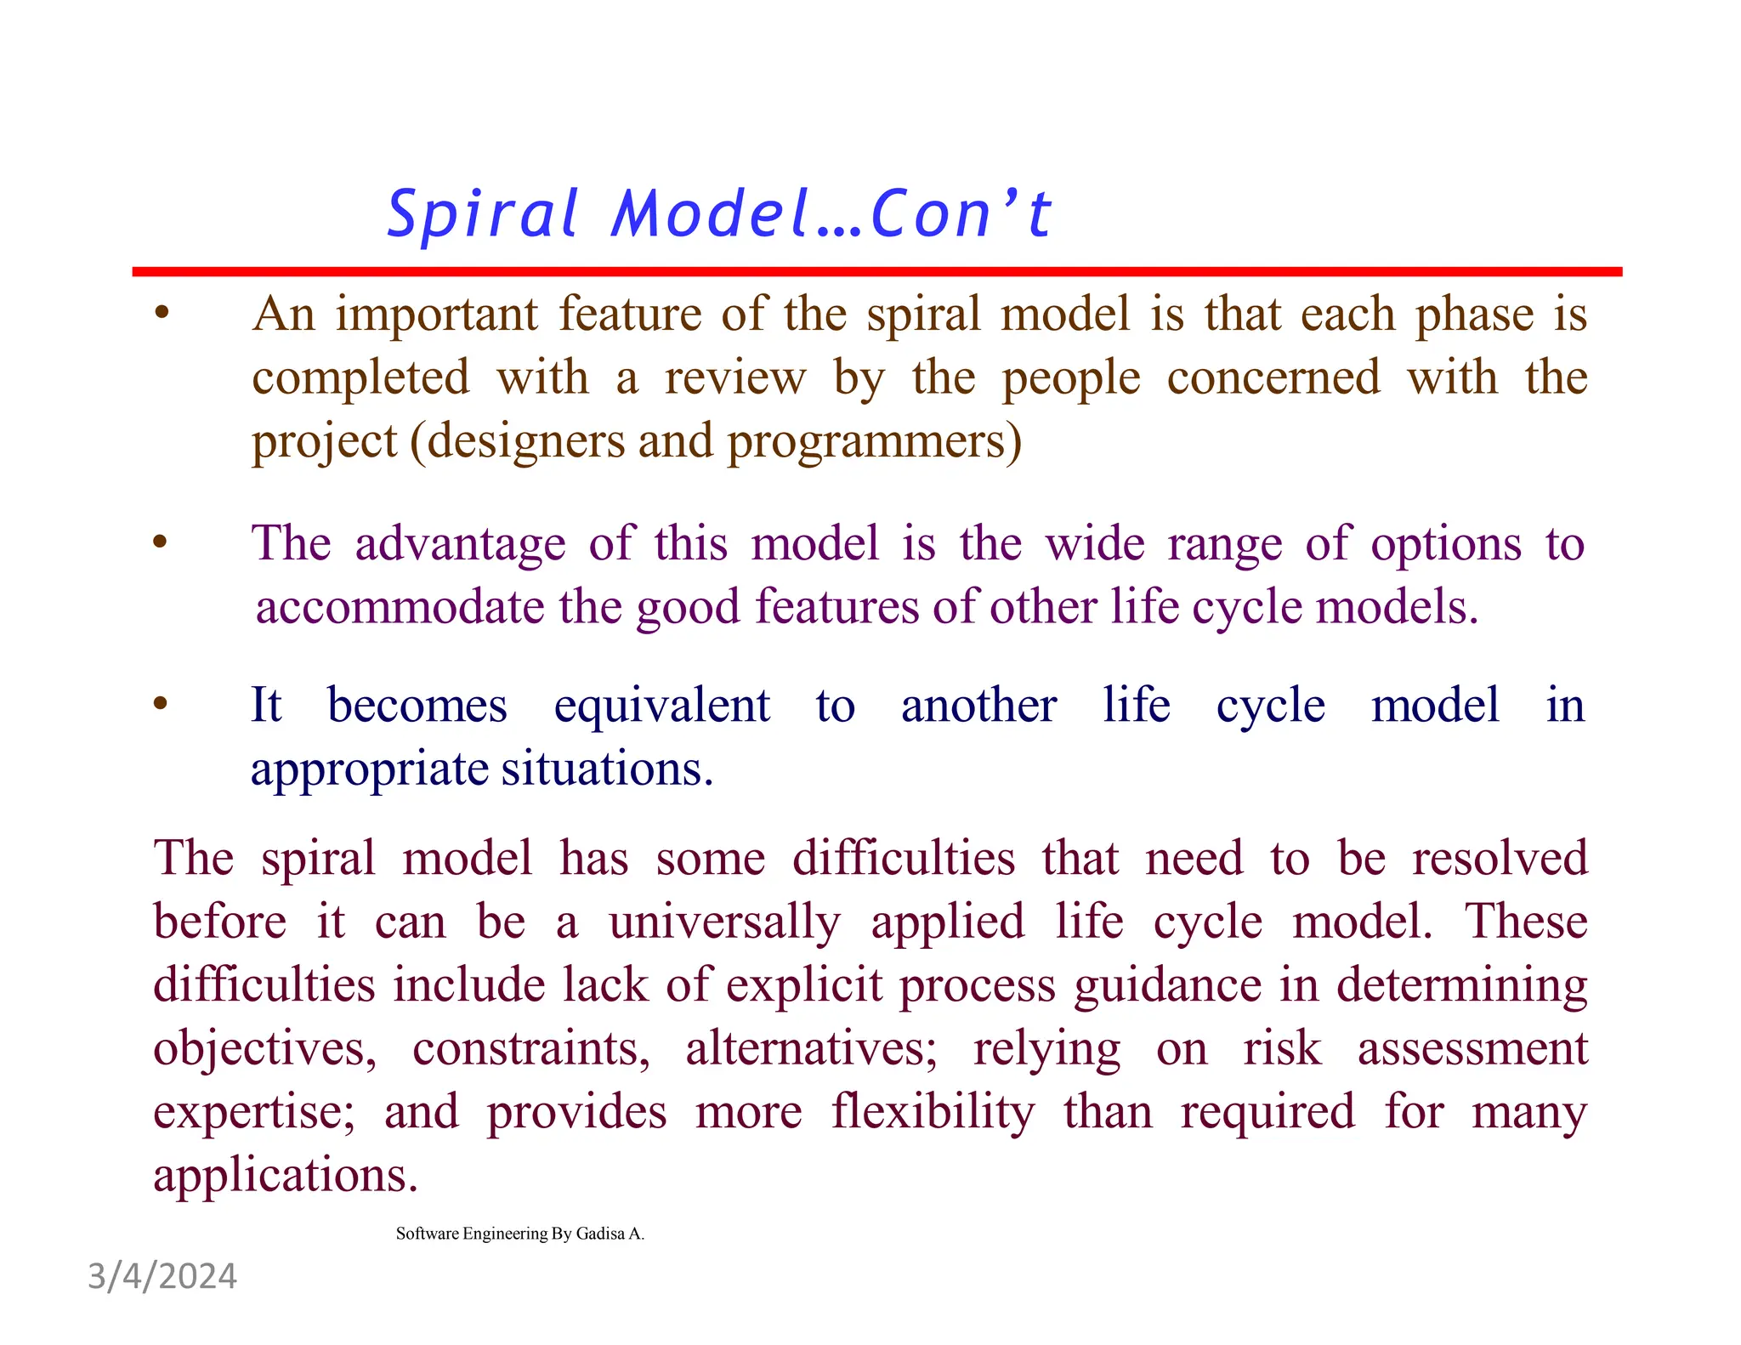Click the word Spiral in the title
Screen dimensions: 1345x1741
point(483,213)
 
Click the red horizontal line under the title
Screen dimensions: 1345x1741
point(876,271)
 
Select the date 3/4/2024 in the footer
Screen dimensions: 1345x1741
point(162,1276)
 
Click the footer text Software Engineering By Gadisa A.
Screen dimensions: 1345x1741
point(520,1234)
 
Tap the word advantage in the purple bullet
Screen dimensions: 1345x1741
point(460,543)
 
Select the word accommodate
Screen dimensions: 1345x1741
point(400,607)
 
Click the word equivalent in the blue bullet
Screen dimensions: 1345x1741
point(661,706)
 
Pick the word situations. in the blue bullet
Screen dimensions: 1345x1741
point(607,769)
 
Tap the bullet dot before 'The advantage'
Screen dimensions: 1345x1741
point(160,542)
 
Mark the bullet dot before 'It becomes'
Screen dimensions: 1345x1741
point(160,704)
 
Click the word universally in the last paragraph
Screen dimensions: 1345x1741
point(724,922)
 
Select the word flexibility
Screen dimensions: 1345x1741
point(933,1112)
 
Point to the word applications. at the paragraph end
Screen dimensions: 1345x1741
point(286,1177)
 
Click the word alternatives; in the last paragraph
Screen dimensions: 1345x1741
point(811,1048)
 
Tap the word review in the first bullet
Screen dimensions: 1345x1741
point(734,378)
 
